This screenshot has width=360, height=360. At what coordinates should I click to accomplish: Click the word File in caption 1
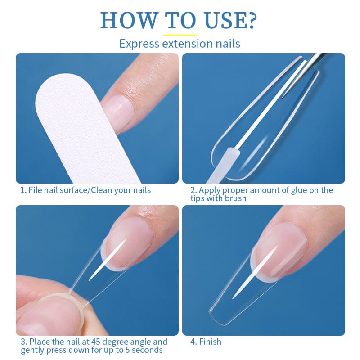[x=36, y=190]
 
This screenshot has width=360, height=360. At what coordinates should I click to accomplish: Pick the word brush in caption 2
[x=236, y=198]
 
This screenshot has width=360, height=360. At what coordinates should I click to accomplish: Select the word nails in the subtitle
[x=228, y=44]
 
